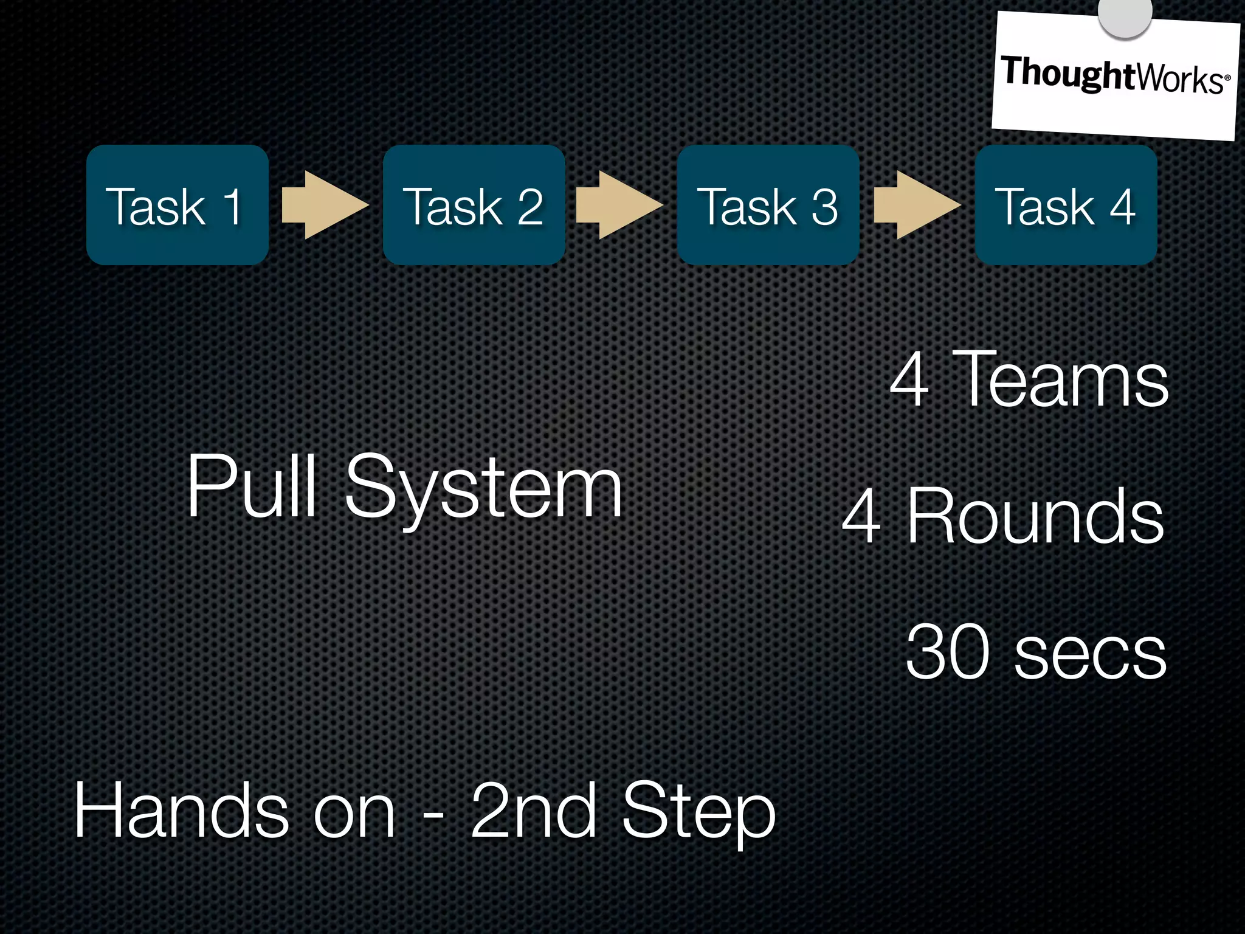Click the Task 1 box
click(177, 205)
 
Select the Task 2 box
click(474, 205)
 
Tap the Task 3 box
click(768, 205)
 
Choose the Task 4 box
click(1066, 205)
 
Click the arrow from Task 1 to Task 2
click(325, 205)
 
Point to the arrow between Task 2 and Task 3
click(619, 205)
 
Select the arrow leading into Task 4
click(916, 205)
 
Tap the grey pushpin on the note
click(1125, 13)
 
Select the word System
click(484, 489)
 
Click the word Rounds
click(1035, 516)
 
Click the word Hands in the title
click(181, 811)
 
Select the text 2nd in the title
click(533, 811)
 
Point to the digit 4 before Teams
click(909, 379)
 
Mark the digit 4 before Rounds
click(861, 516)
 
